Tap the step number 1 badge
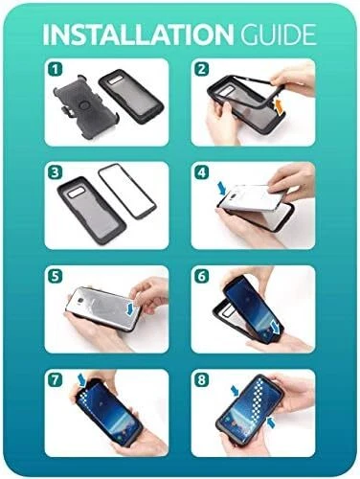point(56,69)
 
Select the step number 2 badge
point(202,69)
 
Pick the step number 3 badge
point(56,172)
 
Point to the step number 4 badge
point(202,172)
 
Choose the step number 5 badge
point(56,277)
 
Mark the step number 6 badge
point(202,277)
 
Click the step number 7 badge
point(56,380)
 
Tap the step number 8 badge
point(202,380)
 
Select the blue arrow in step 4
point(221,188)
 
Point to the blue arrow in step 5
point(129,309)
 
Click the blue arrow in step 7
point(82,379)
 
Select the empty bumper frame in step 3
point(126,191)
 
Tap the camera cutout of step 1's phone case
point(117,82)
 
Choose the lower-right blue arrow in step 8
point(270,422)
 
